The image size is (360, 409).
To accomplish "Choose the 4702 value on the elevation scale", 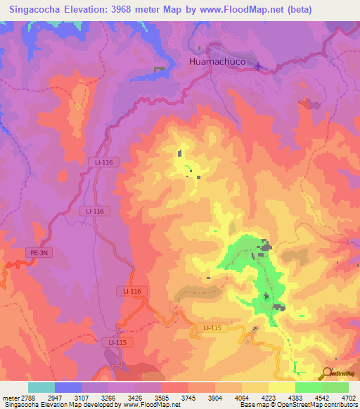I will pyautogui.click(x=348, y=398).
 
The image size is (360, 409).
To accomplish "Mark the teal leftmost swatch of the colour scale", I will pyautogui.click(x=41, y=387).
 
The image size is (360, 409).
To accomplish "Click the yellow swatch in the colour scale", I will pyautogui.click(x=282, y=387).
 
